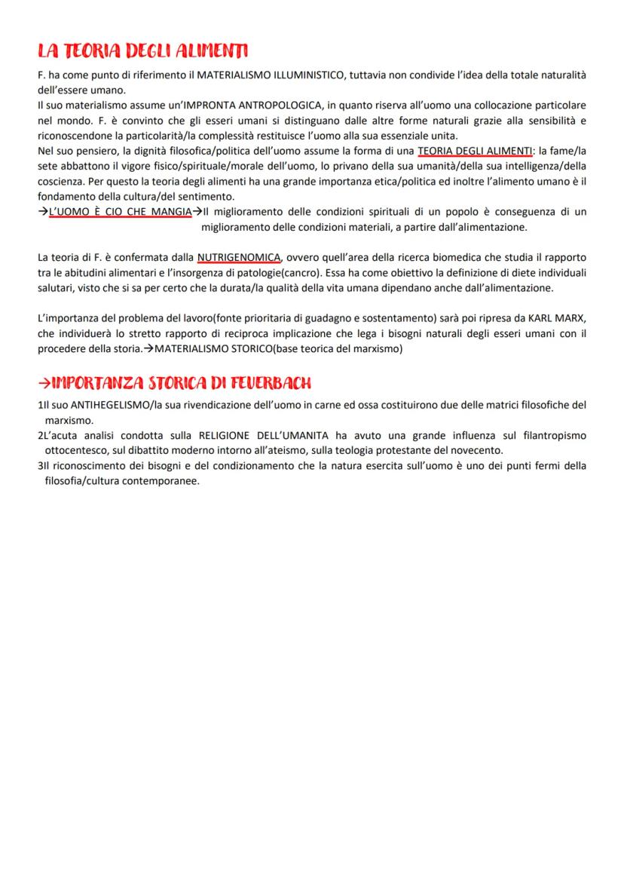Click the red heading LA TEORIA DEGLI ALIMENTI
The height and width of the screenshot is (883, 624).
[x=142, y=51]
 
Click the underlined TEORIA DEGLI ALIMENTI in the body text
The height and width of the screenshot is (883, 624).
[x=475, y=151]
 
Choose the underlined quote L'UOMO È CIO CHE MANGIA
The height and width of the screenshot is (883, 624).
[x=120, y=212]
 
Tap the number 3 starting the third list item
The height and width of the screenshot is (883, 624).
[x=40, y=465]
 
